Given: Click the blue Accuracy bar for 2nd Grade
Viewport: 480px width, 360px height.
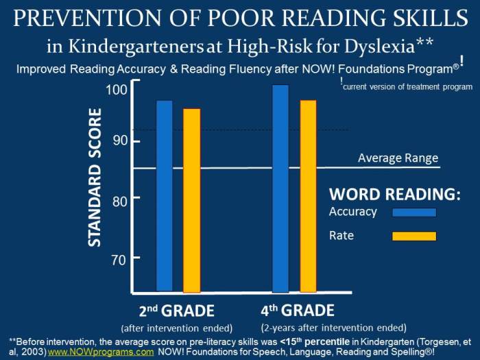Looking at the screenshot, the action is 165,195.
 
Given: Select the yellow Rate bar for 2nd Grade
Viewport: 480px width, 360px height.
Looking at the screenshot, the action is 191,201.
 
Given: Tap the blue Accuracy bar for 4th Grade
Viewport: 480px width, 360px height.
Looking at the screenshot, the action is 280,189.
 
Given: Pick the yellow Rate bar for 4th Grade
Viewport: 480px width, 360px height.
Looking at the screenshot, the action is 309,196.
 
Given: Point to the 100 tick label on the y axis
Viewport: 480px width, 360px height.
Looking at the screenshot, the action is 117,90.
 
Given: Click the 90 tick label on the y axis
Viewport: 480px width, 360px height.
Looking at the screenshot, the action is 120,141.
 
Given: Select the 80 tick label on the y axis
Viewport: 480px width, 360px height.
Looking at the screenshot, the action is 120,202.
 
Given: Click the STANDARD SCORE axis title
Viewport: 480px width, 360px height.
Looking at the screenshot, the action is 95,178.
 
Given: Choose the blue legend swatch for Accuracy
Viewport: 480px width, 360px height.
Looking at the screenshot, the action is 414,213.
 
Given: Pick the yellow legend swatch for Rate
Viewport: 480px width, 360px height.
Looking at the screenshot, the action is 414,236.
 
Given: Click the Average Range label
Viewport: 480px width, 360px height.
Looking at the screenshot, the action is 398,158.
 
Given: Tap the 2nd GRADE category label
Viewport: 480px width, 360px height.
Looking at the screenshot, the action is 177,311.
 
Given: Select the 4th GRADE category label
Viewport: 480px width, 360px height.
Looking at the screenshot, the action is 298,311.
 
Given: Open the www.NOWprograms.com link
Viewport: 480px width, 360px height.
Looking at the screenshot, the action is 101,352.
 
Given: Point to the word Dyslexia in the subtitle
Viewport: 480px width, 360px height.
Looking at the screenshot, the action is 379,46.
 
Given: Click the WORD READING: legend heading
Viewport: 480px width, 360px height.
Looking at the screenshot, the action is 395,194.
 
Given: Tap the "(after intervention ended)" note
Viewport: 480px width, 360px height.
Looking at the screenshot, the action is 177,328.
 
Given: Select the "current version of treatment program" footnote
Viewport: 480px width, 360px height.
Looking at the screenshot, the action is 408,87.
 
